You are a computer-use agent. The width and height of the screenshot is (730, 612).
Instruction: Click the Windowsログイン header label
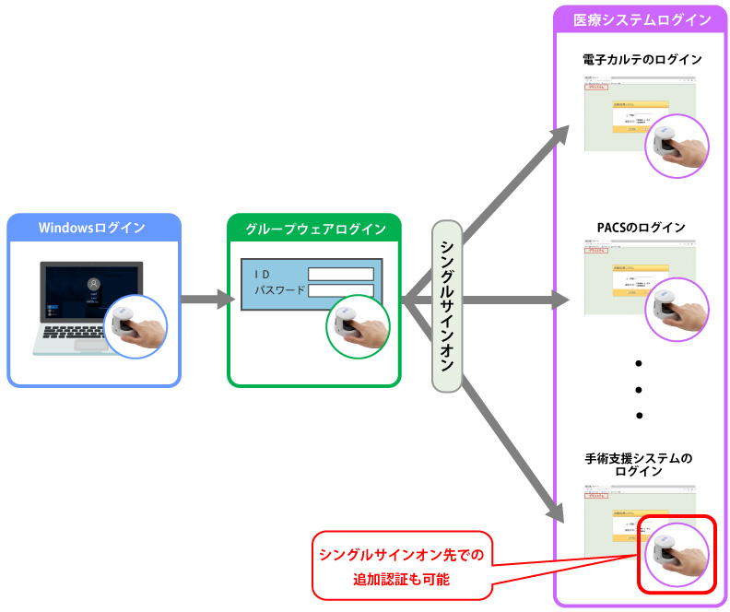click(91, 228)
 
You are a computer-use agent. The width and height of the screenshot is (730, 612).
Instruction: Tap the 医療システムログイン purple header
click(642, 19)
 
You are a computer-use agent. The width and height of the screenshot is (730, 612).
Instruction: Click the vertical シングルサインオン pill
click(446, 305)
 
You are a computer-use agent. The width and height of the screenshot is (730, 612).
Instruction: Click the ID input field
click(340, 274)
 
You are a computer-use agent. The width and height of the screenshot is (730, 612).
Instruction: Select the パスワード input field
click(340, 291)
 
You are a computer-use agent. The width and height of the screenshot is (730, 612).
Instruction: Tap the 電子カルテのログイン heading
click(642, 60)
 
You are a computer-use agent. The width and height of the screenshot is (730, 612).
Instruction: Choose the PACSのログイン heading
click(642, 227)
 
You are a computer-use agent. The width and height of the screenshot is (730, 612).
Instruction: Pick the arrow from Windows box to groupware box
click(207, 299)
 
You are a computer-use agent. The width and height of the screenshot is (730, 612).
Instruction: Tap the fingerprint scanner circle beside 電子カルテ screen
click(678, 145)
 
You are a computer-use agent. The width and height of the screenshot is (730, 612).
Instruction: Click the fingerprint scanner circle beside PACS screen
click(678, 309)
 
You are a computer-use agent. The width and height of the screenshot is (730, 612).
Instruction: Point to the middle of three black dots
click(639, 389)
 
